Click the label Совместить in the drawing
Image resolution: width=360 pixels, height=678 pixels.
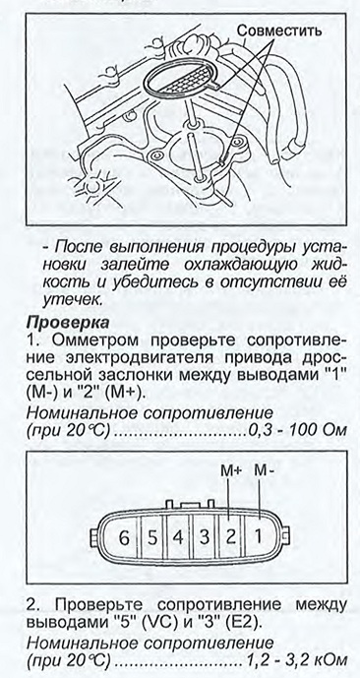[279, 31]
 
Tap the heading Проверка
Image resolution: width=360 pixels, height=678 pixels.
[67, 323]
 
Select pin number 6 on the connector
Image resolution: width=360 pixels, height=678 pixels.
[124, 539]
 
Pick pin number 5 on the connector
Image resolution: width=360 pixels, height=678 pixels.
[152, 539]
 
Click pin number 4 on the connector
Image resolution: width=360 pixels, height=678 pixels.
[178, 538]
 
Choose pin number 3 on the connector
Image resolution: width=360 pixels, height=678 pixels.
[205, 538]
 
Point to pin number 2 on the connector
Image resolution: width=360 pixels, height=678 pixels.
[231, 537]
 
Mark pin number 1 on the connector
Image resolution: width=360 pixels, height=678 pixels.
[258, 537]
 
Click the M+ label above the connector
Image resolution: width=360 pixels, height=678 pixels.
[231, 471]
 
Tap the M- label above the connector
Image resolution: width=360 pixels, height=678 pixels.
[264, 470]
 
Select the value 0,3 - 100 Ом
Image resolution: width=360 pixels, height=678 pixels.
[297, 431]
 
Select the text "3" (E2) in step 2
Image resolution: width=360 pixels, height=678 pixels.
[232, 623]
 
